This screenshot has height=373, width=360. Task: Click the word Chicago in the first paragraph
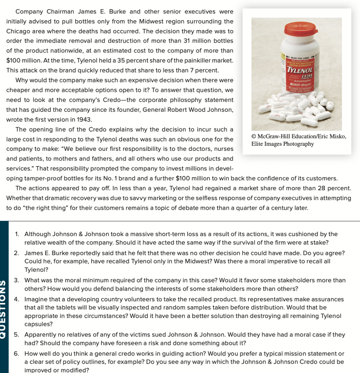pos(18,31)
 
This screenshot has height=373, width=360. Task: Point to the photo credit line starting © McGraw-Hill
pos(299,136)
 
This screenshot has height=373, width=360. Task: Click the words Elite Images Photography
pos(282,144)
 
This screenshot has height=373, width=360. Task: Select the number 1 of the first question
pos(17,234)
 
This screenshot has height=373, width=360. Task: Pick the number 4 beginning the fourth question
pos(17,299)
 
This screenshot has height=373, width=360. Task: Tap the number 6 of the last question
pos(17,354)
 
